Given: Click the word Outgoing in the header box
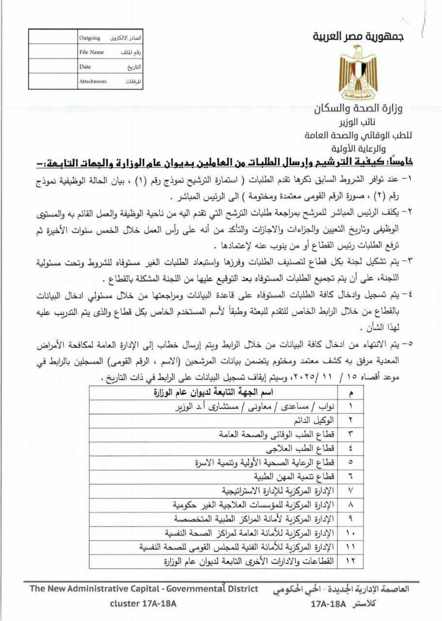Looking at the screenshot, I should (x=90, y=38).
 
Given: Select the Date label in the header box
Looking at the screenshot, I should (x=85, y=67).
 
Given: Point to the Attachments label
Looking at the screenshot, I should (x=93, y=82).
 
